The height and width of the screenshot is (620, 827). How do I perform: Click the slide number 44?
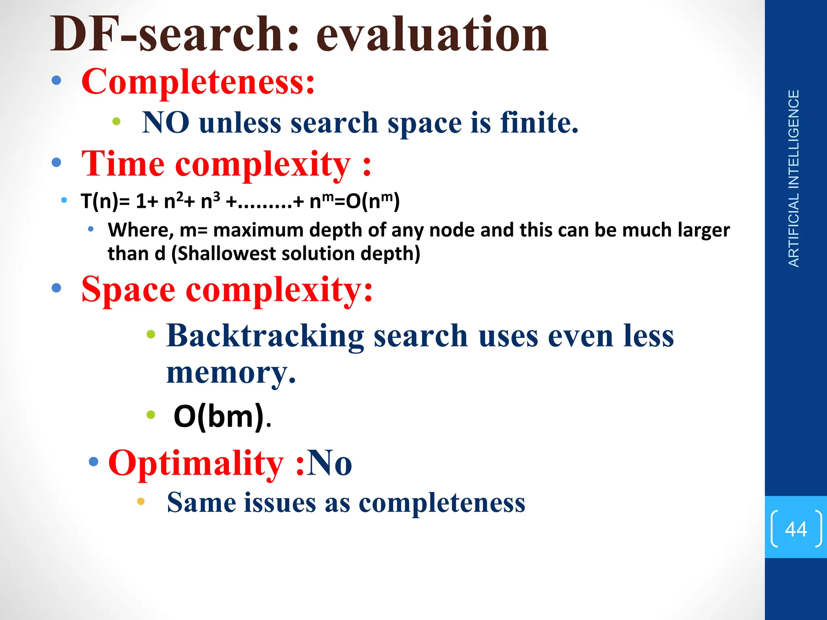796,529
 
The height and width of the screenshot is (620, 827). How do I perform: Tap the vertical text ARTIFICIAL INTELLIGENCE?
793,178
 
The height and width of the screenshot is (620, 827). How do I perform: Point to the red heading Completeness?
198,82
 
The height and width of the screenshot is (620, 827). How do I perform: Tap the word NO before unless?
166,123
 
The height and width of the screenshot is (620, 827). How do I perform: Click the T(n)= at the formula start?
105,201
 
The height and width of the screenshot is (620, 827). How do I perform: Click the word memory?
231,373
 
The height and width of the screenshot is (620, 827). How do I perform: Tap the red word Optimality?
196,463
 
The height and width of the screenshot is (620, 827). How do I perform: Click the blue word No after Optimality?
330,463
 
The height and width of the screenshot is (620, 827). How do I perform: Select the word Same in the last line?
202,503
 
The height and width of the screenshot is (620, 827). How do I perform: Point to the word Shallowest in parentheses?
226,254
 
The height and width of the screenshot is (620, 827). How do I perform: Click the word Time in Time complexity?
123,164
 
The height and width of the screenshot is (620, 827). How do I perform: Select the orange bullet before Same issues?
141,501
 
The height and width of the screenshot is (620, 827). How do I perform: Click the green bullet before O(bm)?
151,415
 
